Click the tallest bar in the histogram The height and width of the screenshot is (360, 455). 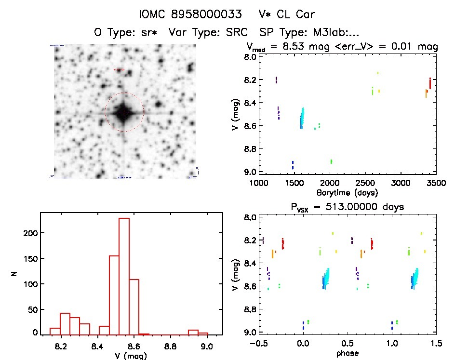tap(124, 275)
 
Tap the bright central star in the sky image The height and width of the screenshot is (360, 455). tap(124, 112)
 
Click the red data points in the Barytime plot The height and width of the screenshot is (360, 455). tap(429, 83)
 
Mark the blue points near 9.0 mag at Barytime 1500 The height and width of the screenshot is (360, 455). tap(293, 165)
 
